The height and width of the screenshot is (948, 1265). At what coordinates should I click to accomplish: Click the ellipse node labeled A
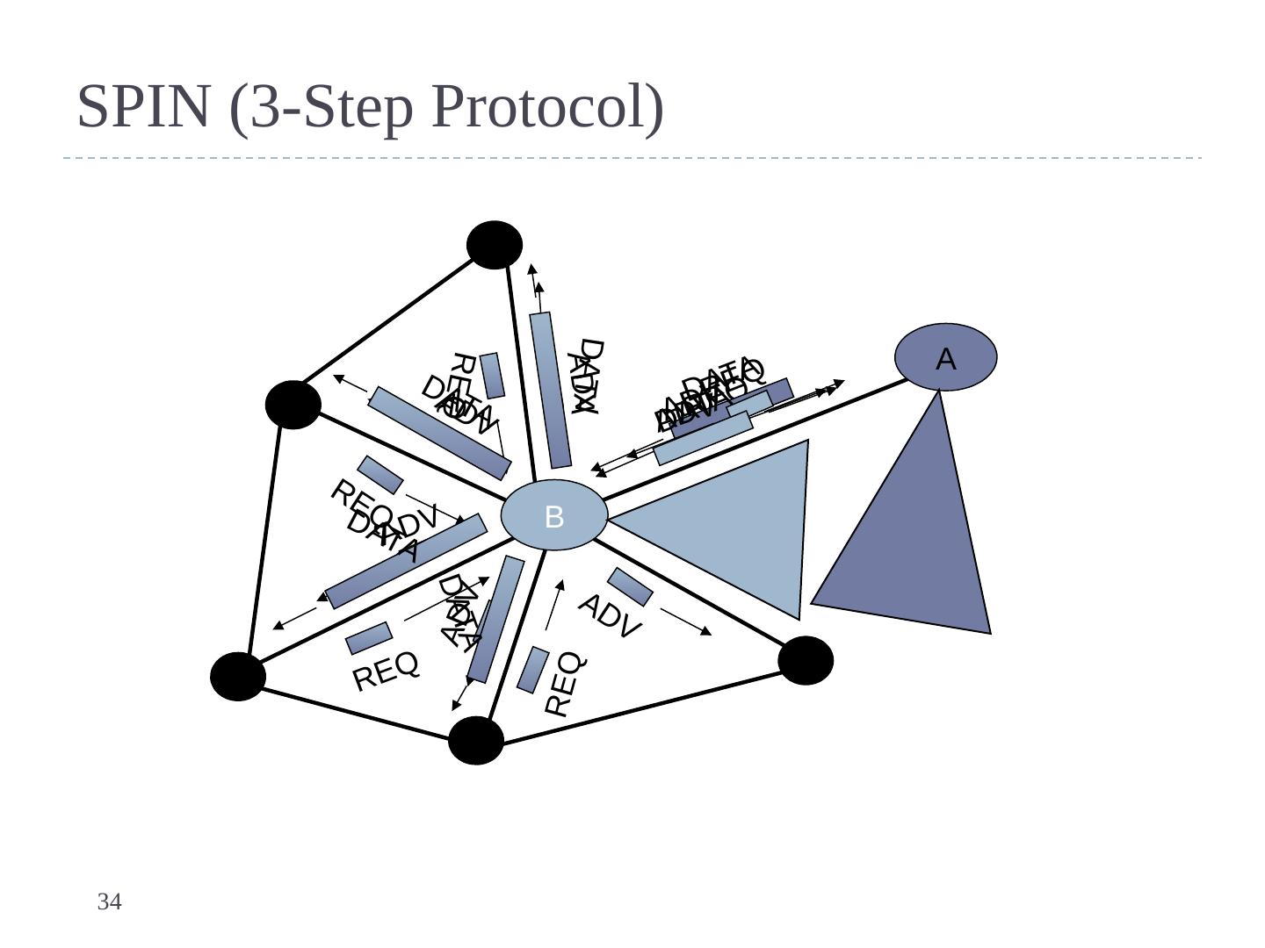point(945,357)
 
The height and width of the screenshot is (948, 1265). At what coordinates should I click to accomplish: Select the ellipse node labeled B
point(553,515)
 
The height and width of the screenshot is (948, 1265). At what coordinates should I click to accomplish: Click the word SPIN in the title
point(147,106)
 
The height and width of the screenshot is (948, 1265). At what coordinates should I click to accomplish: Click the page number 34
point(109,901)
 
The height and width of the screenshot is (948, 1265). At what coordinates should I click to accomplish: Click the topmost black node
point(495,244)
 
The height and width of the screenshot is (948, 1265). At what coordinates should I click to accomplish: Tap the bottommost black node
point(475,741)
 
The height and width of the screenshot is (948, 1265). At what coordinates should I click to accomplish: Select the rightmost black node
point(806,660)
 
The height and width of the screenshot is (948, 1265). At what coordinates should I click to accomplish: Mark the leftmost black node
point(238,677)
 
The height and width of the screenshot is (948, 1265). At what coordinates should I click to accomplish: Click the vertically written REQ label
point(563,684)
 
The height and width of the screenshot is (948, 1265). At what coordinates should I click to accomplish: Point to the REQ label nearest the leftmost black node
point(386,671)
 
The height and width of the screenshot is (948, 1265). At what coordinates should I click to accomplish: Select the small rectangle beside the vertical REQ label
point(533,669)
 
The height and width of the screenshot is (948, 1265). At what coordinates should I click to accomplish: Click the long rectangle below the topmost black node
point(551,390)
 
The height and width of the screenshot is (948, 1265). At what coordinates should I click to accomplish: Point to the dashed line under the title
point(632,159)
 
